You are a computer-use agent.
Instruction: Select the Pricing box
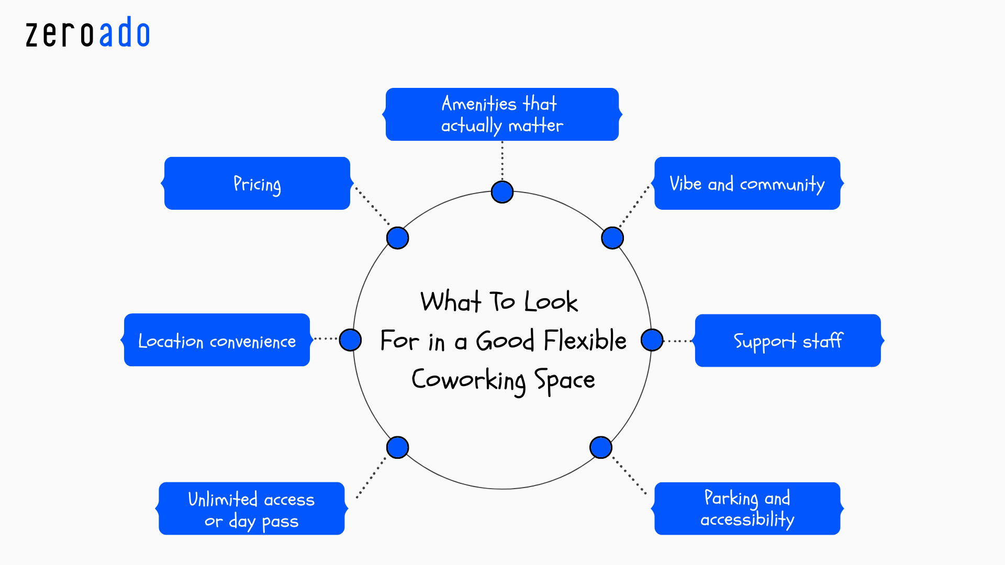257,184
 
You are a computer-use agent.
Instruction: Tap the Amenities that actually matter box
502,115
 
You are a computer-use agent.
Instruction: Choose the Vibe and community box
747,184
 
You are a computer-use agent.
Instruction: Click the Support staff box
787,341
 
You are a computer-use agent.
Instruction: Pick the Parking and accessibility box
747,508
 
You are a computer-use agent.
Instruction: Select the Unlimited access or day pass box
251,508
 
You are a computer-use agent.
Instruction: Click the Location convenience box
217,341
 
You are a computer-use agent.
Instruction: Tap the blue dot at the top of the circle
502,192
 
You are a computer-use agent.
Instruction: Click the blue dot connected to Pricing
397,238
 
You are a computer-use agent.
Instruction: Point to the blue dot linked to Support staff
652,340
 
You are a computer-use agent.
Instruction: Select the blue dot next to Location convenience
350,340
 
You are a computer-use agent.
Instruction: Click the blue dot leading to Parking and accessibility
600,447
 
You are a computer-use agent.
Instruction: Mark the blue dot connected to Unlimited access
397,447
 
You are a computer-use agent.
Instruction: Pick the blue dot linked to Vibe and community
612,238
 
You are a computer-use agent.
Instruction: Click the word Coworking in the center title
468,380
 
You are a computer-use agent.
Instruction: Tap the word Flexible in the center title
585,341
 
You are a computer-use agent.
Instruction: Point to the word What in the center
451,302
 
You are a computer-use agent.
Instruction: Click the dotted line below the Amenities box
502,160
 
